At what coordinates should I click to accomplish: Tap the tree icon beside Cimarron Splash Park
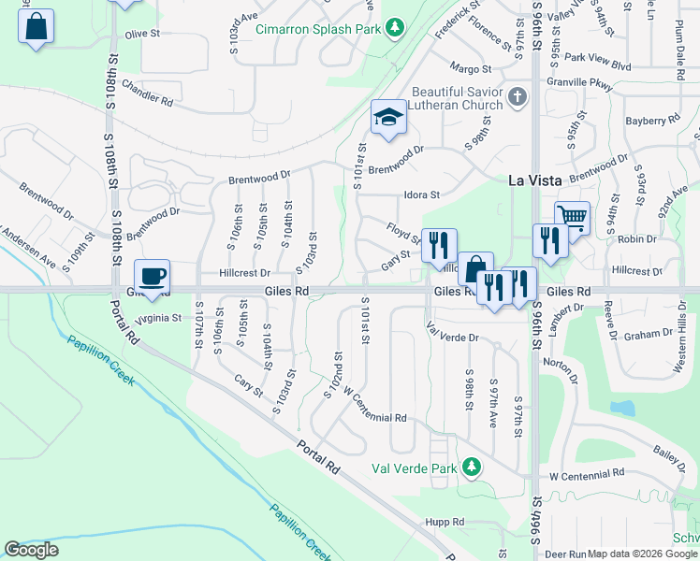tap(396, 27)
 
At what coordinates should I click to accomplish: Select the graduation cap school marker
tap(388, 118)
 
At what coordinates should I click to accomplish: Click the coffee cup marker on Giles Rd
tap(152, 277)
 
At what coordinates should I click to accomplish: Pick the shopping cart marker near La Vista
tap(572, 219)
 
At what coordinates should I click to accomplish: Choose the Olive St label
tap(143, 35)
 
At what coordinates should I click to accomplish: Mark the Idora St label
tap(421, 195)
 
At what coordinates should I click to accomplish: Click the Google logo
tap(31, 550)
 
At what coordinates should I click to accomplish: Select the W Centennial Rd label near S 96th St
tap(585, 476)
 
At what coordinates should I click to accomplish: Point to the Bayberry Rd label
tap(652, 122)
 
